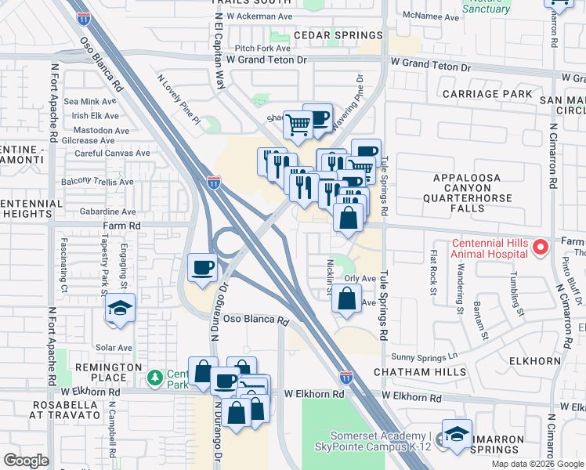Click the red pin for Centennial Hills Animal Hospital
(539, 248)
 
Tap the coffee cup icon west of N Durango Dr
(202, 268)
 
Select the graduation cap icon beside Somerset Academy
(456, 435)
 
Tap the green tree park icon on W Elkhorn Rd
(155, 378)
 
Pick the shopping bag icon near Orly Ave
(346, 299)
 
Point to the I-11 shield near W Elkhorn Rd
(345, 378)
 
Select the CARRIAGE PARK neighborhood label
(487, 94)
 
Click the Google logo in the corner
(27, 460)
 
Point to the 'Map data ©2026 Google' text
(537, 464)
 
